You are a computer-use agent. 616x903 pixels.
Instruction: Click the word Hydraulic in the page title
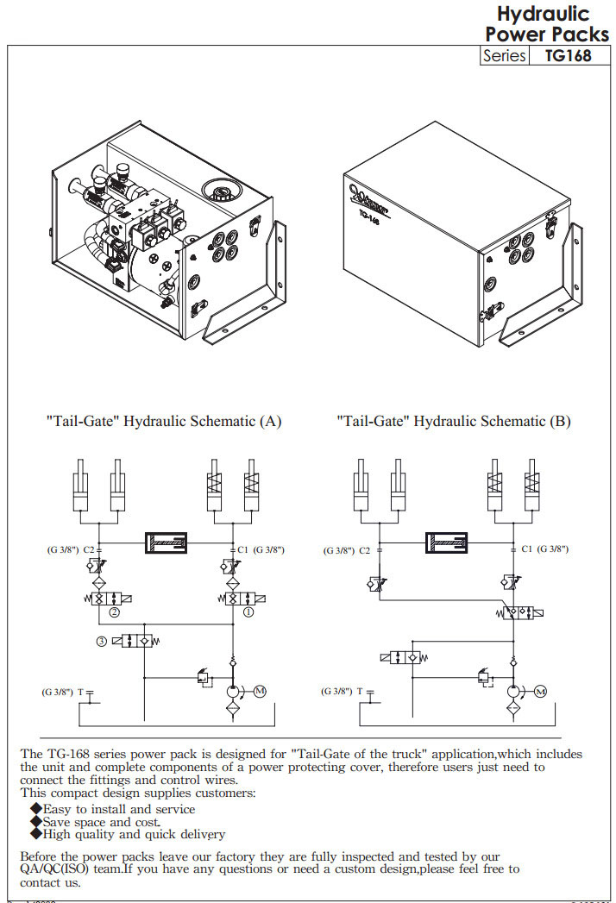click(x=543, y=14)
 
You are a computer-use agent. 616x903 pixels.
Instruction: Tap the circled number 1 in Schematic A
click(x=248, y=614)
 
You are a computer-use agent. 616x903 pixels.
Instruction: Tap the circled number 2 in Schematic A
click(x=115, y=614)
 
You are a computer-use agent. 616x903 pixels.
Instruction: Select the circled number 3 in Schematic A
click(x=101, y=641)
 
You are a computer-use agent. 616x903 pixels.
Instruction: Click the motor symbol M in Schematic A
click(x=260, y=692)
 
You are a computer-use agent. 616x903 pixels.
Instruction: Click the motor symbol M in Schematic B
click(x=540, y=692)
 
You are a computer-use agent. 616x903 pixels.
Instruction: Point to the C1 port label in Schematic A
click(x=242, y=549)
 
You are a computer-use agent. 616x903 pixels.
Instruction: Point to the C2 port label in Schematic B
click(x=364, y=549)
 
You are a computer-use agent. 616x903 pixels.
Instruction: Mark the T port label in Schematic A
click(x=80, y=692)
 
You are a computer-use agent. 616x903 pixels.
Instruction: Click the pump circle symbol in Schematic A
click(x=233, y=692)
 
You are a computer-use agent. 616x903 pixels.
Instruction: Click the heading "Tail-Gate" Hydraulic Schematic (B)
click(x=453, y=422)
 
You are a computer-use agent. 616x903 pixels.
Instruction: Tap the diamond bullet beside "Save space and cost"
click(x=35, y=821)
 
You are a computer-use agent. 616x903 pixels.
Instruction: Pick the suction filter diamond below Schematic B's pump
click(x=513, y=710)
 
